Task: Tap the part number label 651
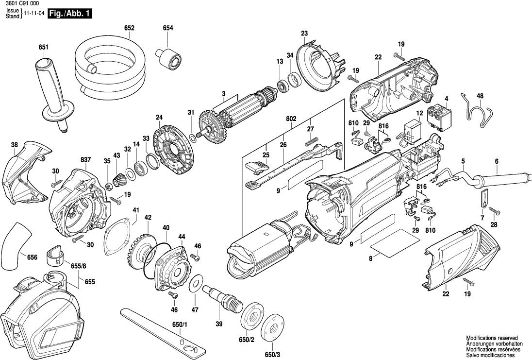click(44, 47)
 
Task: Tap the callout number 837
click(86, 160)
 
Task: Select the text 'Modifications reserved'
click(491, 338)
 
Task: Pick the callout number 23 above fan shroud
click(304, 33)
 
